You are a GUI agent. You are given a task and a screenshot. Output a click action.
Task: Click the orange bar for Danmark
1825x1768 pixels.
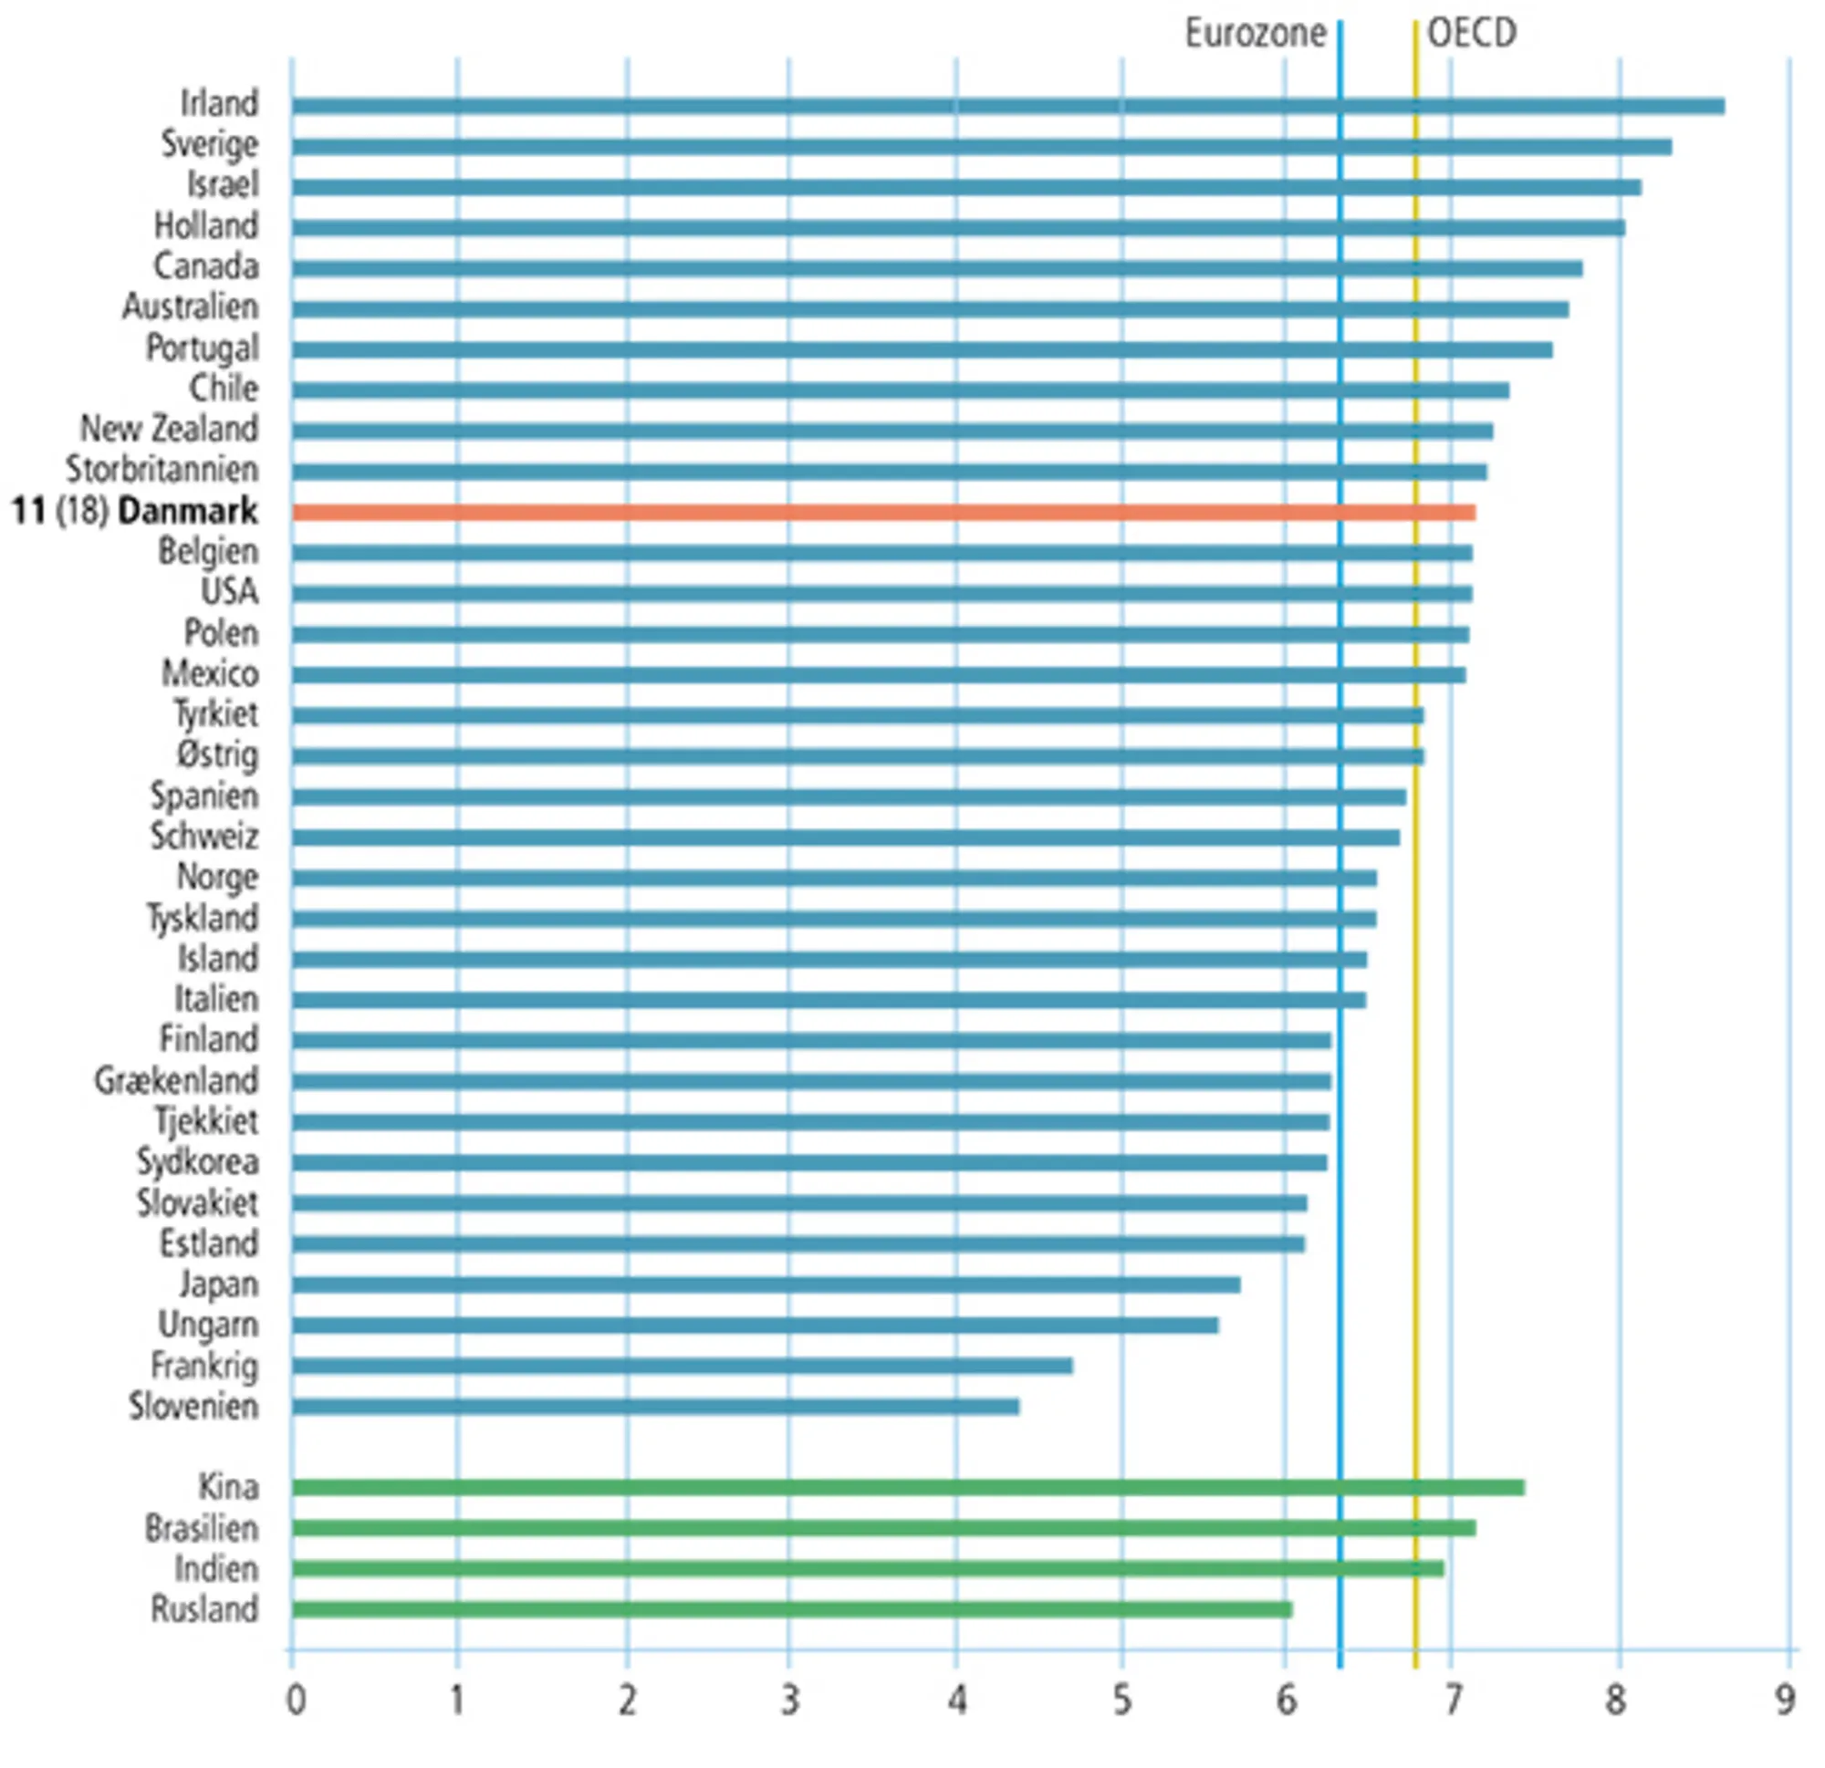[882, 512]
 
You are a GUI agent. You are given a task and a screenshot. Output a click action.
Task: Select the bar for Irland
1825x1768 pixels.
[1007, 106]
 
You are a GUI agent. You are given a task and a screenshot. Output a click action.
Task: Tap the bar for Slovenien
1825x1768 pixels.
[654, 1406]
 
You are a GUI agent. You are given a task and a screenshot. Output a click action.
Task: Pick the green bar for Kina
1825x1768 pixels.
[908, 1487]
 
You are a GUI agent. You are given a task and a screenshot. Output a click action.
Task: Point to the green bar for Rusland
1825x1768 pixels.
[791, 1608]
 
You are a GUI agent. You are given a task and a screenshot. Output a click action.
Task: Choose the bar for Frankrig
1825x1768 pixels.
[682, 1366]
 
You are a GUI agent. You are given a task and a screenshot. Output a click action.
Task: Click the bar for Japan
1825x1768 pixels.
[766, 1284]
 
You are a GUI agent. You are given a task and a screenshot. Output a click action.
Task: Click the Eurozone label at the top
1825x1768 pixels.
[1254, 34]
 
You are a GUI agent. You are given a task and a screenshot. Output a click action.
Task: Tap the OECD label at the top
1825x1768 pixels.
[1472, 34]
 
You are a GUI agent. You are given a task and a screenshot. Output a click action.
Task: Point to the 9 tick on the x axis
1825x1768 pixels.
[1784, 1700]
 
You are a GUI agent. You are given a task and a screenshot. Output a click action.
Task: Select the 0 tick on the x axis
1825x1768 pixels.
[295, 1700]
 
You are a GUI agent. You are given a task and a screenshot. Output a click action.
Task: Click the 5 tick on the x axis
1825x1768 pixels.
[1122, 1700]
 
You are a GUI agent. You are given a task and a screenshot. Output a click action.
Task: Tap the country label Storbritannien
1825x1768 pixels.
[162, 470]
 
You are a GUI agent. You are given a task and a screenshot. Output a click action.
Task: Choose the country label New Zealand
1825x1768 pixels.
[169, 429]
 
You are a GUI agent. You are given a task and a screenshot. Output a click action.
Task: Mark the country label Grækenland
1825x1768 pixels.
[176, 1081]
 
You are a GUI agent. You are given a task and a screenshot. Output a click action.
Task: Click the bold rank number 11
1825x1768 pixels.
[28, 511]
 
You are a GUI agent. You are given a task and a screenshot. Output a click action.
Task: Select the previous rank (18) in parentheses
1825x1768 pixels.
[83, 511]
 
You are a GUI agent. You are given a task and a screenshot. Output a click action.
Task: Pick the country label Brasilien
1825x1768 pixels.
[201, 1528]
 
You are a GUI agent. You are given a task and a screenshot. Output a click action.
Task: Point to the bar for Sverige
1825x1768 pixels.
[982, 147]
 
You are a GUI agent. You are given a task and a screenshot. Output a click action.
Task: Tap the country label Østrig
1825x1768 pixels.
[217, 755]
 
